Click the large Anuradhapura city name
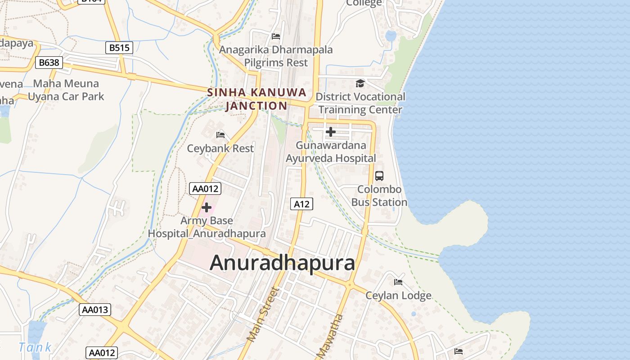[282, 263]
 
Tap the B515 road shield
[119, 48]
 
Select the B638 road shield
[49, 63]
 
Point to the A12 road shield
[301, 204]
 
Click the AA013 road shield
[95, 310]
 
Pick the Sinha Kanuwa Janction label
[256, 99]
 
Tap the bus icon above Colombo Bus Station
[379, 176]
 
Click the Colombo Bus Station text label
[379, 196]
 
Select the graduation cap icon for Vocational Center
[360, 83]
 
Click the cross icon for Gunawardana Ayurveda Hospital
[331, 132]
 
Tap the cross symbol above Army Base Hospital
[207, 207]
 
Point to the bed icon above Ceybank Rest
[220, 135]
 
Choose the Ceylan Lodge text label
[398, 296]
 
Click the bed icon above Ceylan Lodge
[398, 282]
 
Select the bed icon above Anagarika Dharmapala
[276, 36]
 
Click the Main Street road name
[263, 314]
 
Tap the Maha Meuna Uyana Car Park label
[66, 90]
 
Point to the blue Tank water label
[35, 347]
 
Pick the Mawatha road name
[330, 336]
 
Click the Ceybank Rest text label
[220, 148]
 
